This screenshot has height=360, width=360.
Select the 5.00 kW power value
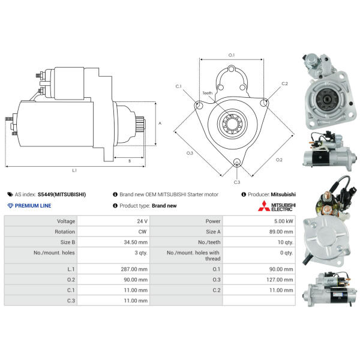pos(284,221)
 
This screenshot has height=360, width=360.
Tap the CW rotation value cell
pos(142,231)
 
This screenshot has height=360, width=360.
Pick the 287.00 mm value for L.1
pos(134,269)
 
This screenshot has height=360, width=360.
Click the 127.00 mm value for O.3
pos(280,279)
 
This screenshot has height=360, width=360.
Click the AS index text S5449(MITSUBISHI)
pos(61,194)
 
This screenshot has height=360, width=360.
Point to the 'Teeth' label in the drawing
pos(208,93)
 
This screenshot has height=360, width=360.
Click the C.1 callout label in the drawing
pos(179,86)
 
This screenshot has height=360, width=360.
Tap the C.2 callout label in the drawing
pos(284,83)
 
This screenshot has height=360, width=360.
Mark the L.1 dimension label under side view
pos(74,171)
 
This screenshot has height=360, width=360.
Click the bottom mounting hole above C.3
pos(236,163)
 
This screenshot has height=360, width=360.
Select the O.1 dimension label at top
pos(232,55)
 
